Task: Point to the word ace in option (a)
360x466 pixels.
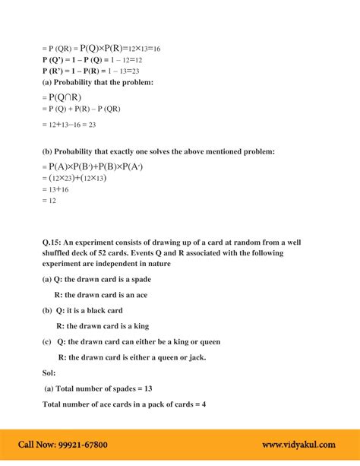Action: (x=153, y=295)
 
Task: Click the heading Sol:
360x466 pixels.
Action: (x=49, y=372)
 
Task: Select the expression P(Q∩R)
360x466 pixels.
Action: (x=62, y=97)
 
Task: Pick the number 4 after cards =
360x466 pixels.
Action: (x=204, y=403)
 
